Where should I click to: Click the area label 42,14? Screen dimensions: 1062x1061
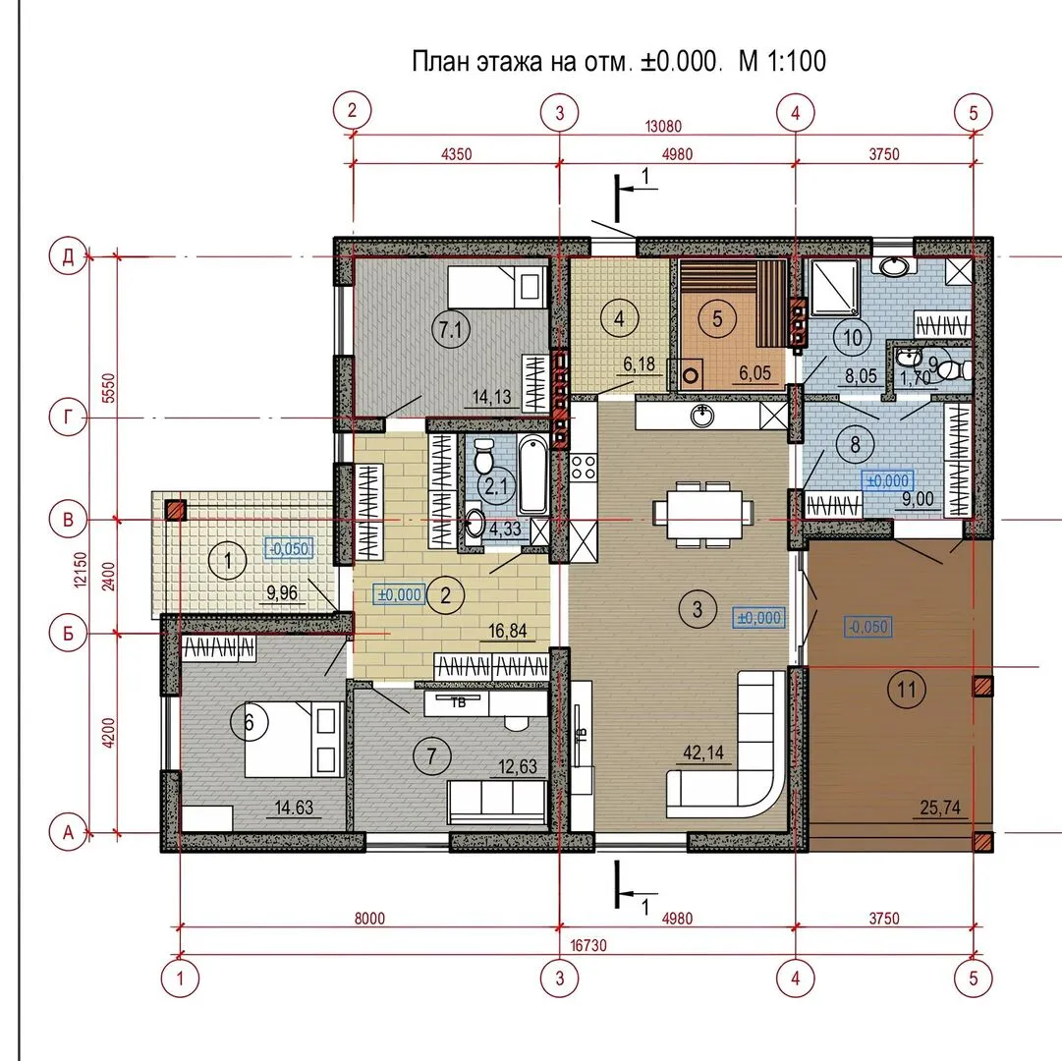click(703, 753)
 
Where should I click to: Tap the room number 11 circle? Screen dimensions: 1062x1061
click(906, 690)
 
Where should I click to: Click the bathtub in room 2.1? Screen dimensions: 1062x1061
click(532, 475)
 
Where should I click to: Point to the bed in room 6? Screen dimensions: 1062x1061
click(294, 740)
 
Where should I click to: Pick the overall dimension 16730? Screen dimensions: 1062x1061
click(588, 944)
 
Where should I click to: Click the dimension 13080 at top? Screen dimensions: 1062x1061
click(663, 126)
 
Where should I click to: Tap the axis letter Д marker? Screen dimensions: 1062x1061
click(69, 257)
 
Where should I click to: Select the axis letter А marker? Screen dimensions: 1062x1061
click(69, 832)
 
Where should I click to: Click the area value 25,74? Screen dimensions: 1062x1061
click(940, 808)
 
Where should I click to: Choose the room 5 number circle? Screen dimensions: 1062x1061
click(717, 318)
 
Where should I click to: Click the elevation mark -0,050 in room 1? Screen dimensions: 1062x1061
click(289, 548)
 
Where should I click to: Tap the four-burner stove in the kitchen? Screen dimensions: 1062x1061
click(584, 467)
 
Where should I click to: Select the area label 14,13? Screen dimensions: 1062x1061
click(492, 397)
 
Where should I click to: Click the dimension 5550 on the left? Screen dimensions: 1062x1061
click(108, 388)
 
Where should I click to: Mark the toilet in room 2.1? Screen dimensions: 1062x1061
click(483, 457)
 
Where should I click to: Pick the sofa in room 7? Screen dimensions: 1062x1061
click(496, 800)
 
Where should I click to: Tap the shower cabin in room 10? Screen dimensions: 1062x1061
click(835, 288)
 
